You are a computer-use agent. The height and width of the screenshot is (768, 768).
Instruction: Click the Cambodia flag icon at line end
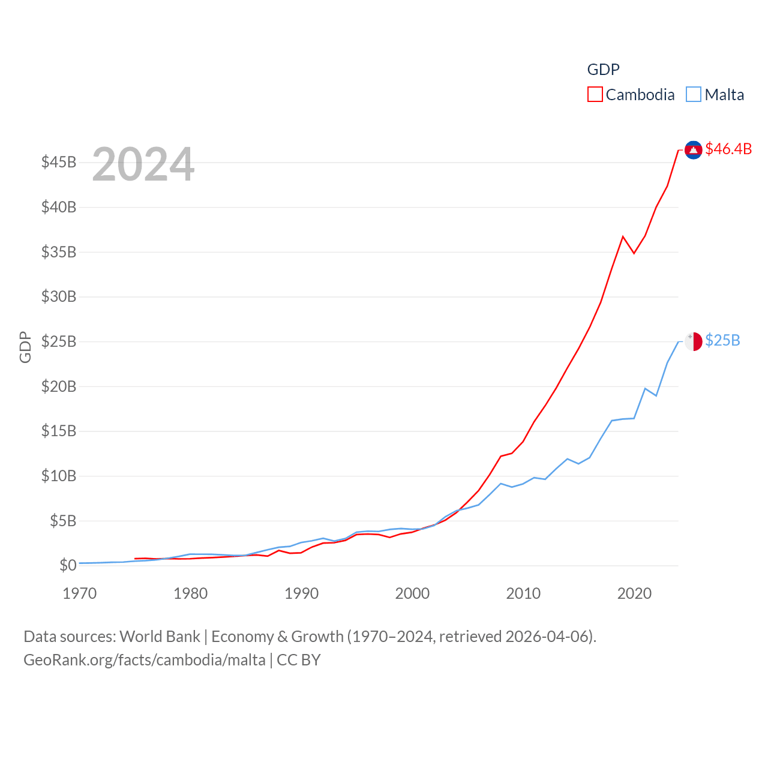(x=693, y=150)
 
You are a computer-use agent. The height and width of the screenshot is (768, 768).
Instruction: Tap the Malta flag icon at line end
(x=693, y=341)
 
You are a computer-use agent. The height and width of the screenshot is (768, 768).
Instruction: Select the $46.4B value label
(x=728, y=149)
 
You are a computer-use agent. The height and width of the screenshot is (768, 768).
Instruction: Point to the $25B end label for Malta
(x=722, y=340)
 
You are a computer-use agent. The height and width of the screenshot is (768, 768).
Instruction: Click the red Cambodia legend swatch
(x=595, y=95)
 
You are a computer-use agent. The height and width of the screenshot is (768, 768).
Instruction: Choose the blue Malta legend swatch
(x=693, y=95)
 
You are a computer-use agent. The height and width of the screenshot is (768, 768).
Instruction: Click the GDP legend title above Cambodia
(x=603, y=70)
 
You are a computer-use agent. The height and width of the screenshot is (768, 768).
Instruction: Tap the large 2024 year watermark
(x=143, y=164)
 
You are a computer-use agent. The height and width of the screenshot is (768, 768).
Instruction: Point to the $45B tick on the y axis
(x=59, y=162)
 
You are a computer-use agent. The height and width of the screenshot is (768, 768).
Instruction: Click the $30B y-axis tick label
(x=59, y=296)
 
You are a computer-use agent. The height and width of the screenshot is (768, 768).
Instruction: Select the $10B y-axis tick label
(x=59, y=476)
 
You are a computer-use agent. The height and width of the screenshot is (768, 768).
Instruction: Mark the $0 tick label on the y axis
(x=68, y=565)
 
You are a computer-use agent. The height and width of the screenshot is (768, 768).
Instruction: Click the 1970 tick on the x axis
(x=80, y=593)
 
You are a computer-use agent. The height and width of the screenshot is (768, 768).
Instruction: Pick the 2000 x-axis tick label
(x=412, y=593)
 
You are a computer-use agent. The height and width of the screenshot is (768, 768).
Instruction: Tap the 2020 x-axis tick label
(x=634, y=593)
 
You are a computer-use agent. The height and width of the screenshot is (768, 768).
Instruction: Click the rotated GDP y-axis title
(x=25, y=347)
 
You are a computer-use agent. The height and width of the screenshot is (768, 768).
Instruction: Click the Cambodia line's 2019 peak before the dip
(x=623, y=236)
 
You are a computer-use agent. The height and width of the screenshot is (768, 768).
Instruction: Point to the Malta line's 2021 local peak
(x=645, y=388)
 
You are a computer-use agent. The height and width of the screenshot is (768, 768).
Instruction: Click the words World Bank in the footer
(x=160, y=637)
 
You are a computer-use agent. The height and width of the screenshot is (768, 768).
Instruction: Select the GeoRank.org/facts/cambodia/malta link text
(x=145, y=660)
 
